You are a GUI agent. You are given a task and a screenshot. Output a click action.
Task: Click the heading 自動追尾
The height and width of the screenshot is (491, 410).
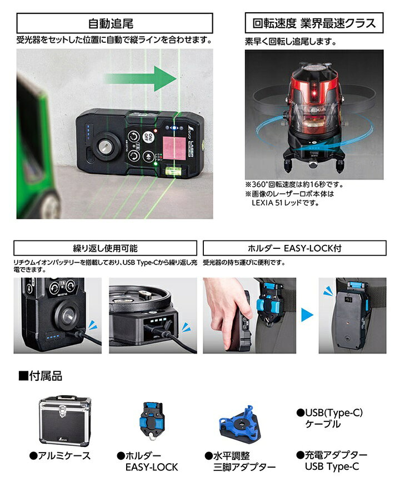pos(111,23)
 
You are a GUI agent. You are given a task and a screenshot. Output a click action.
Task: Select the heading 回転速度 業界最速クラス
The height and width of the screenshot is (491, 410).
pos(314,23)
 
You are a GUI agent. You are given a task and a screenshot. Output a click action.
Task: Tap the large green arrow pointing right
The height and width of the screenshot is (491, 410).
pos(140,78)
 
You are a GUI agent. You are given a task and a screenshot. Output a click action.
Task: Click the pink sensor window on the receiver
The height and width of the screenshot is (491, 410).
pos(172,147)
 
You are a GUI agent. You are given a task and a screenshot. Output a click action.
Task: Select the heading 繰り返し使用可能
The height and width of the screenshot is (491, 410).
pos(106,248)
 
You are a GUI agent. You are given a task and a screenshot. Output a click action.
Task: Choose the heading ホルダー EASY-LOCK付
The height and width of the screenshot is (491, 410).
pos(294,248)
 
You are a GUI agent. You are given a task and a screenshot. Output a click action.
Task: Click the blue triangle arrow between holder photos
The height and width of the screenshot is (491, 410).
pos(307,315)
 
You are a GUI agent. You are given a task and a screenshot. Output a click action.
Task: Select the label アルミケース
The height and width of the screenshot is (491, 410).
pos(61,455)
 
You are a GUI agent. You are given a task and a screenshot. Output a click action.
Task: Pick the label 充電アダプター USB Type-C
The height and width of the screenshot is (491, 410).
pos(332,460)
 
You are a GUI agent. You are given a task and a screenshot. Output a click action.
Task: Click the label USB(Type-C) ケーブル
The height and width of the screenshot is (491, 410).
pos(329,419)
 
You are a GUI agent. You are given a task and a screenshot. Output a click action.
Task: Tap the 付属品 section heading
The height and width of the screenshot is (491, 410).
pos(41,376)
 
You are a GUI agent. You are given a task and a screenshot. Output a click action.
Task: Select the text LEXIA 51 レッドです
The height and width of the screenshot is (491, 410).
pos(286,203)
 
